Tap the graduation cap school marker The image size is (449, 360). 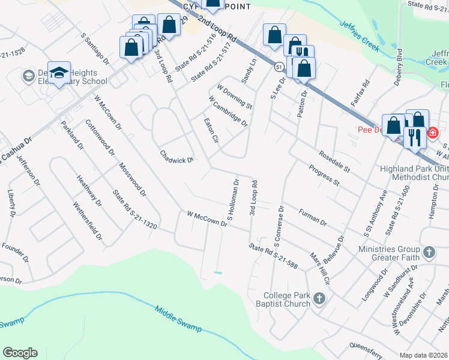tap(59, 74)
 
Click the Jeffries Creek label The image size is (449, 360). tap(359, 37)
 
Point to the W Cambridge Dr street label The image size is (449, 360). tap(228, 111)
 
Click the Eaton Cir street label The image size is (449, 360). tap(211, 130)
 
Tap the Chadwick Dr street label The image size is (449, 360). tap(176, 157)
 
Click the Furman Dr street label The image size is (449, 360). tap(312, 217)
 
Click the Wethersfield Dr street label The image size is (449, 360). tap(88, 220)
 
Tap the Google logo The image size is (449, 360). tap(20, 353)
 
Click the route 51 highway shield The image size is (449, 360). tap(280, 68)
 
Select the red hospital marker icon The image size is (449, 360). tap(432, 133)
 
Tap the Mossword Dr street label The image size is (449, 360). tap(132, 179)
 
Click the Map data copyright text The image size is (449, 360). tap(423, 355)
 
